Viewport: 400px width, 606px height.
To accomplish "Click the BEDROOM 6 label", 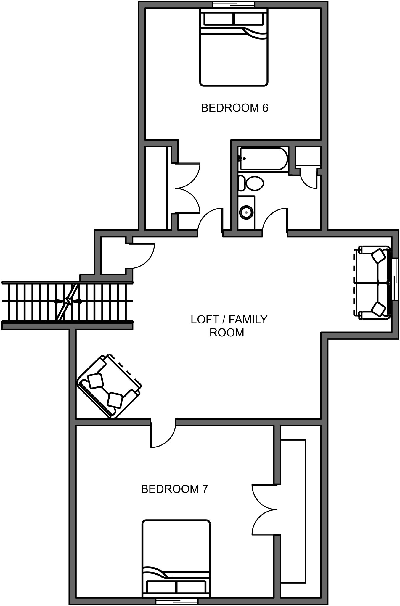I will [x=234, y=108].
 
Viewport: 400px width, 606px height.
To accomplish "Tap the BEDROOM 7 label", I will [x=174, y=489].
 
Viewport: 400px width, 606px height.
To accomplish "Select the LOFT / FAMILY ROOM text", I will [x=229, y=326].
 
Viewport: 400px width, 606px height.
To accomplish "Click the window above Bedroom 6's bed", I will [x=234, y=4].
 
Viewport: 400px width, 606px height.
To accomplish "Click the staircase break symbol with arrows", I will [x=68, y=301].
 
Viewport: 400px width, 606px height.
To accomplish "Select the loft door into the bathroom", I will [x=275, y=220].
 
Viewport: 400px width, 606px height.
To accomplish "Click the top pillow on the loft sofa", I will [x=378, y=255].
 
